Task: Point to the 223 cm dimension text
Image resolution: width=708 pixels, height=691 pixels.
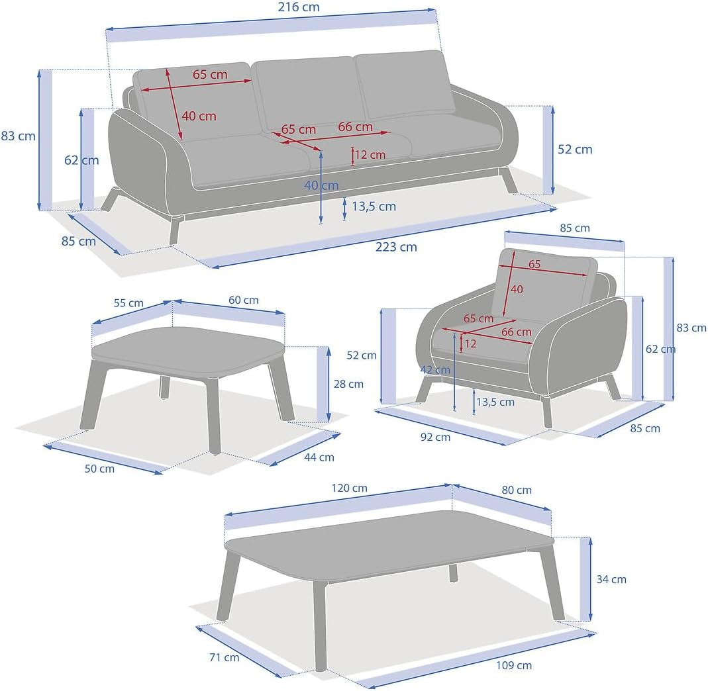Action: click(396, 247)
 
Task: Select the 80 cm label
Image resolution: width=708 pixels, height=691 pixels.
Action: click(516, 490)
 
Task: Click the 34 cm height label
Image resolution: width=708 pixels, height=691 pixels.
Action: click(611, 579)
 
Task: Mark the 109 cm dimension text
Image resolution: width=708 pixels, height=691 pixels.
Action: click(513, 665)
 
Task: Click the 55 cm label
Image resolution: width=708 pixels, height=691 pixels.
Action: click(128, 303)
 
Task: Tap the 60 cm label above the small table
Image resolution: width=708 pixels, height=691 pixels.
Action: click(243, 300)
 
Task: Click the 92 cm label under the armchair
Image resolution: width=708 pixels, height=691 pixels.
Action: click(434, 437)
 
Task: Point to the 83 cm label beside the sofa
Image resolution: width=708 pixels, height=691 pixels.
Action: click(18, 136)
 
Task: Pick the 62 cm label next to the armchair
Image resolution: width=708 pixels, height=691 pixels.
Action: click(660, 349)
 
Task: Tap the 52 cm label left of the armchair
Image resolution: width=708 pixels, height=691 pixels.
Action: click(361, 355)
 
